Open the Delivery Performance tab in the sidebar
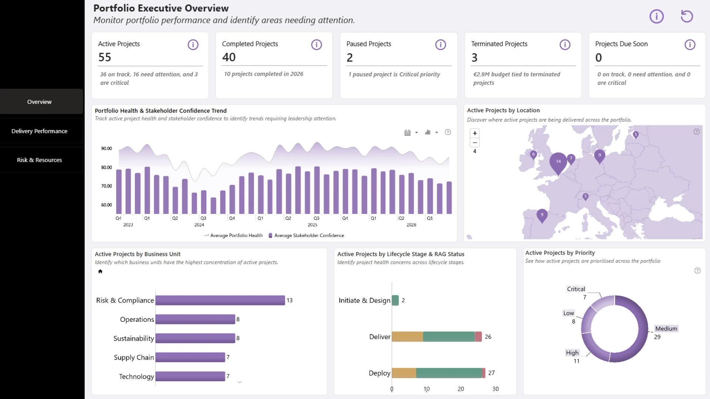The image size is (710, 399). [x=39, y=131]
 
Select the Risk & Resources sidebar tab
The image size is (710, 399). [x=39, y=160]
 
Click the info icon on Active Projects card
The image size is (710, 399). [x=193, y=45]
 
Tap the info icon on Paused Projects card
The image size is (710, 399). [x=440, y=45]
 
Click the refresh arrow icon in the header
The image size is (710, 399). [x=687, y=16]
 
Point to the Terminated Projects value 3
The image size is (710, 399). [x=474, y=58]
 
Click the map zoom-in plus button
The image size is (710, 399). [x=475, y=133]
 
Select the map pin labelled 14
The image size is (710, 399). [x=558, y=163]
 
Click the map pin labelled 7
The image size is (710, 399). [x=571, y=159]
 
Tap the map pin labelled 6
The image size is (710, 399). [x=533, y=155]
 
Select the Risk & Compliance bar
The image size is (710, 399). [x=220, y=300]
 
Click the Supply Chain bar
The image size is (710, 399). [x=190, y=357]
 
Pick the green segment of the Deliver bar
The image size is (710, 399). [x=449, y=337]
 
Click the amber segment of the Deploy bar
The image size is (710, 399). [x=404, y=373]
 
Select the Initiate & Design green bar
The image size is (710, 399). [x=395, y=300]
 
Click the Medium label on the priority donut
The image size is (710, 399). [x=666, y=328]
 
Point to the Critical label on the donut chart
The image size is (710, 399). [x=576, y=289]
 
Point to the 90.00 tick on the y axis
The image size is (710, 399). [x=106, y=149]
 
